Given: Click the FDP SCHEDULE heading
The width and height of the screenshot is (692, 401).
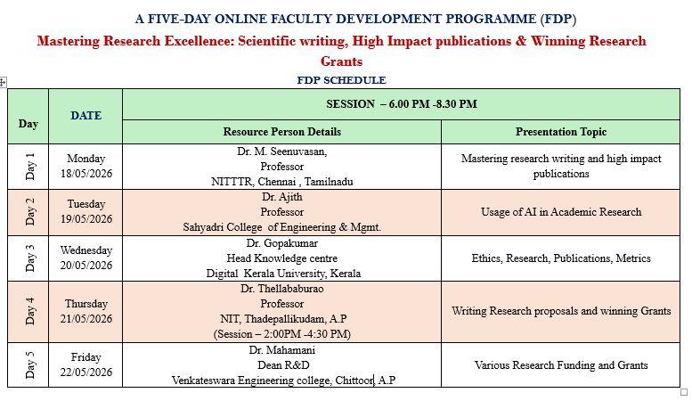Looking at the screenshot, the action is click(341, 80).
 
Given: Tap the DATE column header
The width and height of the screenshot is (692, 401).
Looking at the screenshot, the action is click(86, 115).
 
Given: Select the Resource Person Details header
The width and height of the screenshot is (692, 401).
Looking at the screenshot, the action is click(282, 132).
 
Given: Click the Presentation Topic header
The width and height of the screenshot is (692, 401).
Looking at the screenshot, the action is click(561, 132).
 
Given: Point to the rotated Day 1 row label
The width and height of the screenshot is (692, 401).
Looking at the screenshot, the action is click(29, 167).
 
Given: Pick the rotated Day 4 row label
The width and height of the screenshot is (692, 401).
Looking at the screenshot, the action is click(29, 311).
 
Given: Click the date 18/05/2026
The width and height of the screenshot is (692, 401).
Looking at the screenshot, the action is click(86, 174).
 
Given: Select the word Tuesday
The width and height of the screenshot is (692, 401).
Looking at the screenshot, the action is click(86, 204).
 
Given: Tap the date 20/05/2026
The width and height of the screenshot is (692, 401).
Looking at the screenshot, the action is click(86, 265).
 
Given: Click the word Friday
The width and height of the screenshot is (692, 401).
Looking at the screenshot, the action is click(86, 356).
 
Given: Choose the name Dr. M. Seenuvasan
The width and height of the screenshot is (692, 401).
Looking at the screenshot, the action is click(282, 151).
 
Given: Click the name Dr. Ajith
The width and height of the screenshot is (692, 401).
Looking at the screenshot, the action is click(282, 197).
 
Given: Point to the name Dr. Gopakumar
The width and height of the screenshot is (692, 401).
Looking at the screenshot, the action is click(282, 243).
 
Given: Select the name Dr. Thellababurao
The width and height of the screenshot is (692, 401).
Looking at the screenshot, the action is click(282, 289).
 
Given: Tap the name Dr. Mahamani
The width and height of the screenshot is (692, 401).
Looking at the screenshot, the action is click(282, 350).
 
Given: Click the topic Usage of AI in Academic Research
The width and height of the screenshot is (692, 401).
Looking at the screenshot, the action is click(561, 212).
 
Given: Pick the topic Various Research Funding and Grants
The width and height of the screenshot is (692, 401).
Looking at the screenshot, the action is click(561, 365).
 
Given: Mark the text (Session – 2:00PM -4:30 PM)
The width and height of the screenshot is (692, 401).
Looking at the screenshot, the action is click(282, 334).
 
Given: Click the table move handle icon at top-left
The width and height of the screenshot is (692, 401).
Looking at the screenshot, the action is click(3, 82).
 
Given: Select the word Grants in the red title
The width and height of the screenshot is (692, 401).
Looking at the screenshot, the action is click(341, 61).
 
